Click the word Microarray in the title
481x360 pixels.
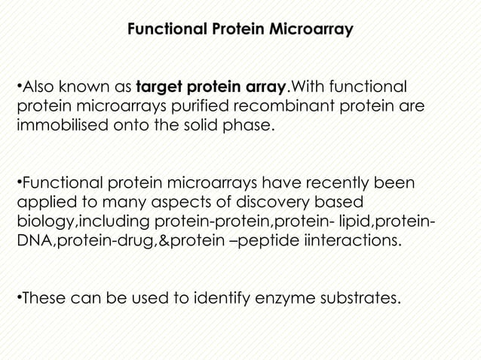click(307, 31)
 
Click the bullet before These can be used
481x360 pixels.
click(18, 301)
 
